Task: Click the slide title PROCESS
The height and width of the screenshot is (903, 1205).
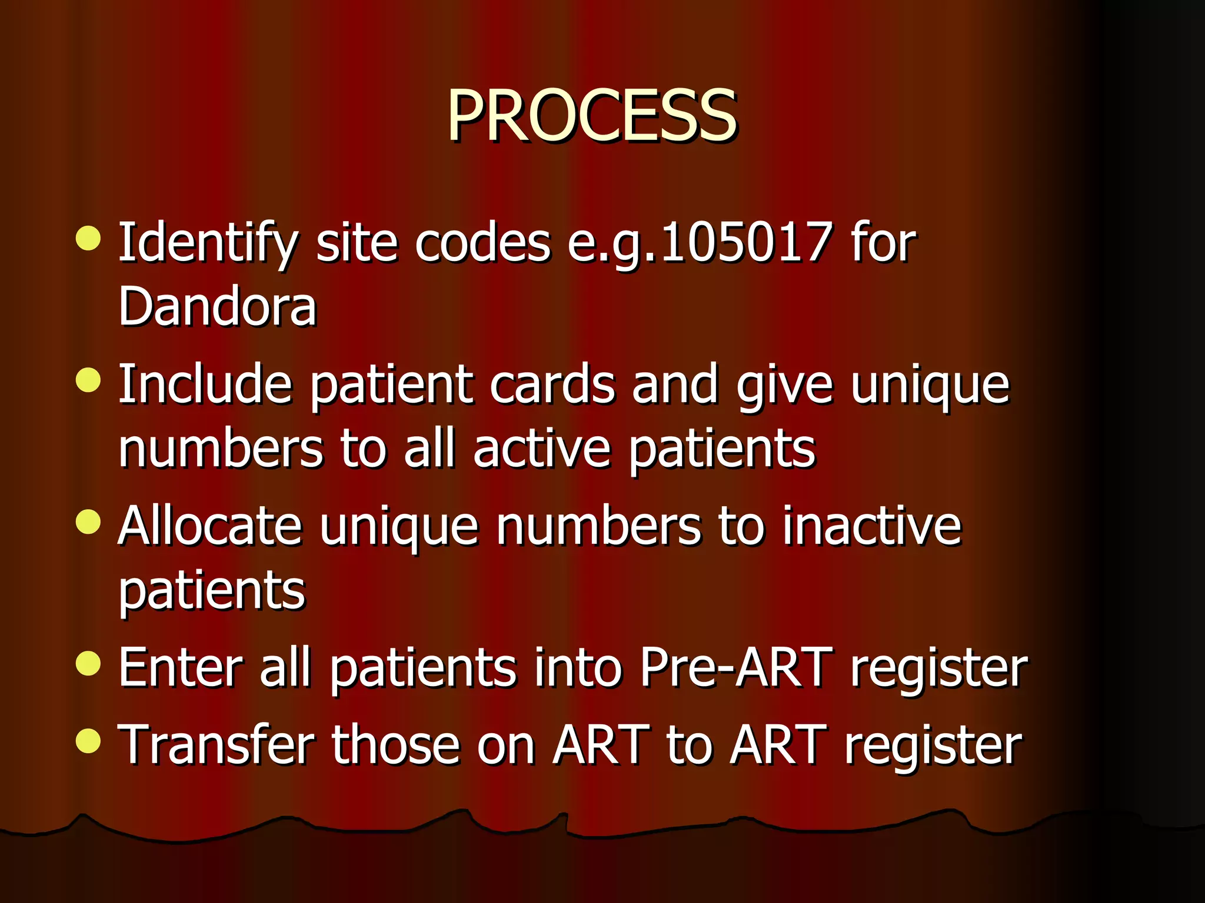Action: coord(591,116)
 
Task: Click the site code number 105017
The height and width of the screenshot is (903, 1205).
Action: coord(746,242)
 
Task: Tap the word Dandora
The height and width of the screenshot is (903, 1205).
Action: coord(217,307)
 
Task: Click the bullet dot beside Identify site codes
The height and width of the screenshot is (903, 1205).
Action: coord(88,238)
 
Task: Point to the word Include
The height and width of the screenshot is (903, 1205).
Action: coord(205,384)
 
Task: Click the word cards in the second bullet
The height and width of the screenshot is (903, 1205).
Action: coord(552,384)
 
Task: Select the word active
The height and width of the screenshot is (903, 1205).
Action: coord(541,449)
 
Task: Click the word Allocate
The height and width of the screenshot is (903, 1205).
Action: coord(209,526)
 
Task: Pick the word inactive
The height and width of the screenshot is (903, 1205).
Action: coord(871,526)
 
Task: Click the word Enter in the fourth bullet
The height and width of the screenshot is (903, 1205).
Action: coord(180,667)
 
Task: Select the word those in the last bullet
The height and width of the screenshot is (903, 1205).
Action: coord(395,745)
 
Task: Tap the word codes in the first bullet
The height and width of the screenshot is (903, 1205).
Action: coord(482,242)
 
